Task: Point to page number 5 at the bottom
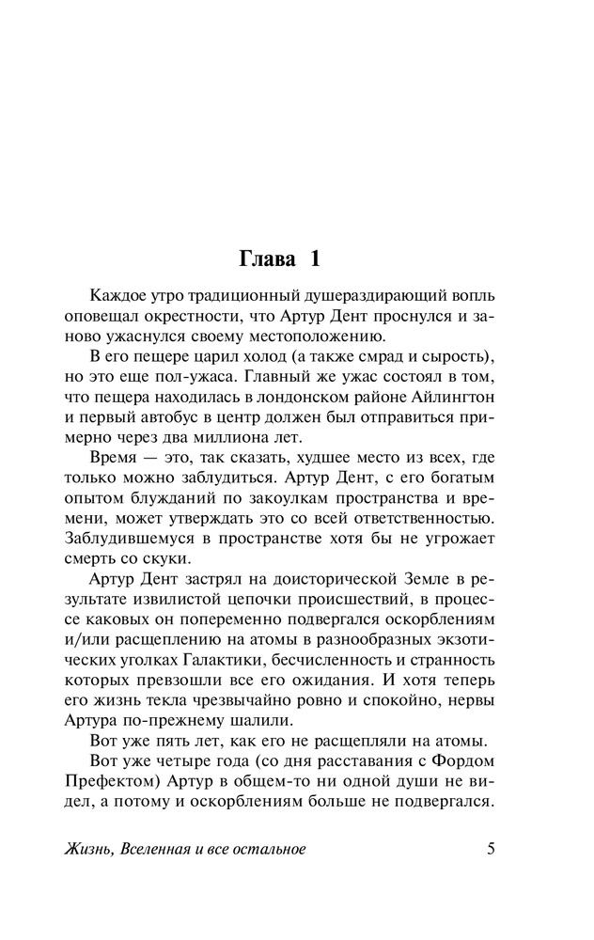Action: (x=491, y=850)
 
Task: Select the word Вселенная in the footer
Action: (x=174, y=850)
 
